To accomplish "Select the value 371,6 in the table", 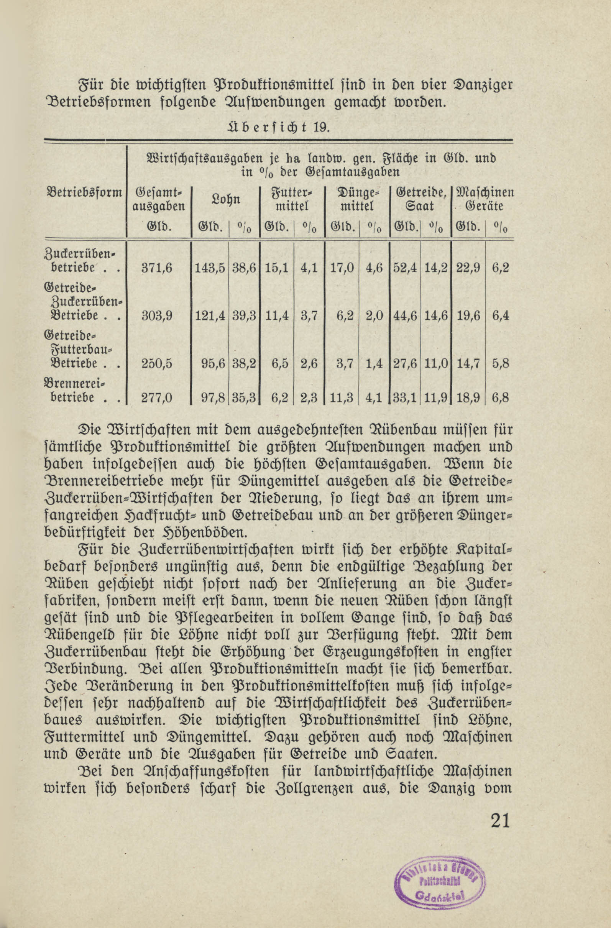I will pos(156,268).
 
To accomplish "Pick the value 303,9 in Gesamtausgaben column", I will pos(157,315).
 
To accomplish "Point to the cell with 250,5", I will pos(157,363).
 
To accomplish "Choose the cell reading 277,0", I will pos(157,397).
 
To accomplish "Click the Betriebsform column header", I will pos(84,193).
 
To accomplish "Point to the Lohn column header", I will pos(225,199).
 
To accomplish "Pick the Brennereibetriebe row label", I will pos(76,390).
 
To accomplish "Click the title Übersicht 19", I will pos(278,128).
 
